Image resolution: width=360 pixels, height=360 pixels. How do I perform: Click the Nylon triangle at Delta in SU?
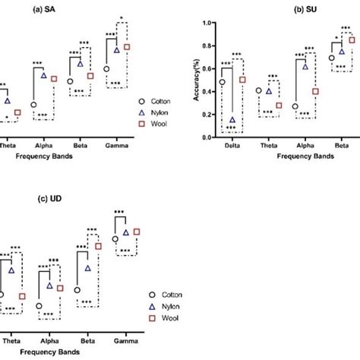pyautogui.click(x=232, y=120)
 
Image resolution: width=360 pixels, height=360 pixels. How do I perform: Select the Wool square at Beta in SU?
pyautogui.click(x=352, y=39)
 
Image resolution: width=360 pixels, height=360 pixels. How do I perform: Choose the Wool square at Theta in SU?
pyautogui.click(x=279, y=106)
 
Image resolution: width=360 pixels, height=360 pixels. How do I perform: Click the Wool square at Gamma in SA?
pyautogui.click(x=127, y=47)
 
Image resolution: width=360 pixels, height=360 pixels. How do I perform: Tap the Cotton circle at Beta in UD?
pyautogui.click(x=77, y=289)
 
